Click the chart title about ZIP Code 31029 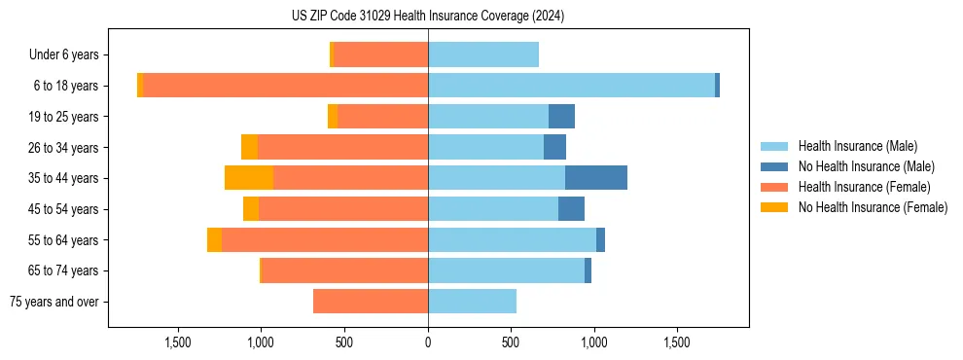coord(428,17)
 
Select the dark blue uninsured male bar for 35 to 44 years coord(595,178)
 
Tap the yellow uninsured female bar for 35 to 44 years coord(249,178)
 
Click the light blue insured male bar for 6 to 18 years coord(571,86)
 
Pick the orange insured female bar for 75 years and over coord(371,302)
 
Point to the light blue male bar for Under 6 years coord(483,54)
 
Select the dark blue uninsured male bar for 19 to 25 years coord(561,117)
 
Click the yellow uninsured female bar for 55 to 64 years coord(214,240)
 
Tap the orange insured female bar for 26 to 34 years coord(342,147)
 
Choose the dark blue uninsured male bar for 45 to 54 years coord(571,209)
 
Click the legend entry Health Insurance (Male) coord(856,146)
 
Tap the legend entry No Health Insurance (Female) coord(871,207)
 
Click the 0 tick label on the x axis coord(428,342)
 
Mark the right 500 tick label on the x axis coord(511,342)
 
